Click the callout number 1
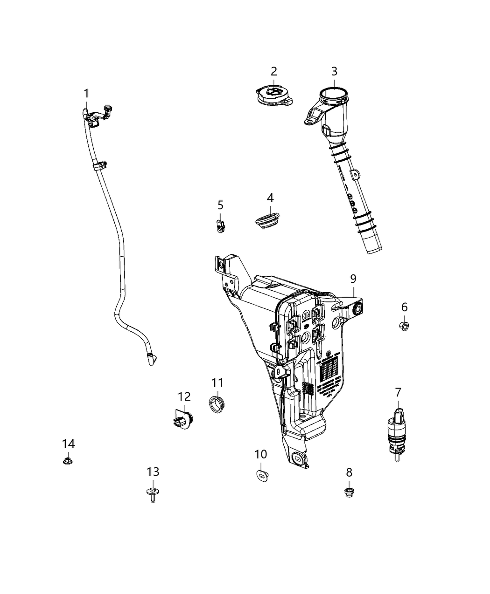pyautogui.click(x=86, y=94)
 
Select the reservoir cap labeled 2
pyautogui.click(x=273, y=96)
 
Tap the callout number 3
pyautogui.click(x=334, y=71)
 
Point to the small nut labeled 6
pyautogui.click(x=404, y=325)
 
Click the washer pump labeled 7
pyautogui.click(x=397, y=432)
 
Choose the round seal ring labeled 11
pyautogui.click(x=216, y=403)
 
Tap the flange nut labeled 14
pyautogui.click(x=68, y=461)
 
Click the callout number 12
pyautogui.click(x=184, y=396)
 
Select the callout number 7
pyautogui.click(x=398, y=392)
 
